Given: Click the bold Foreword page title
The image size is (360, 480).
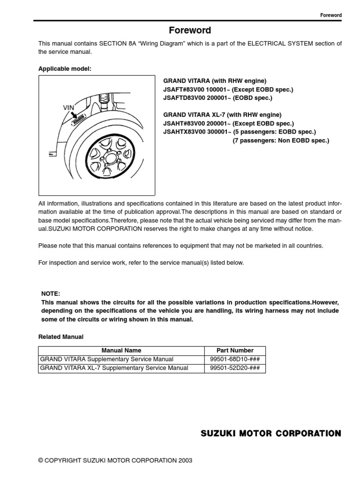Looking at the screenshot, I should [190, 30].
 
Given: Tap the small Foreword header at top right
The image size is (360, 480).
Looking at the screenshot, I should [330, 15].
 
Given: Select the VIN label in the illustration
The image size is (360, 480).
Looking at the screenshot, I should [69, 107].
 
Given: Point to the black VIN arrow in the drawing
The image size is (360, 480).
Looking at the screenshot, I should [78, 115].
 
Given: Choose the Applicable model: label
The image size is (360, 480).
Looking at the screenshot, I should [65, 69].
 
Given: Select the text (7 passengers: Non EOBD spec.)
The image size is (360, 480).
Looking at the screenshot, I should [281, 141].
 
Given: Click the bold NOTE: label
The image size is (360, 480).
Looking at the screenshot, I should [51, 293].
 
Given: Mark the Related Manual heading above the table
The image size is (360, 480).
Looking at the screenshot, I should [60, 337].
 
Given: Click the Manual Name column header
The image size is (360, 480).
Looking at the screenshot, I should [121, 350].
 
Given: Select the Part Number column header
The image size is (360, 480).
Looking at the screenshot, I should [235, 350].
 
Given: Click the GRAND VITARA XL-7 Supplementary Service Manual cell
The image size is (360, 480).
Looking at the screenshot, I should [114, 368].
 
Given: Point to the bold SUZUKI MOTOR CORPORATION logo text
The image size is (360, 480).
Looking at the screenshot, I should [271, 434].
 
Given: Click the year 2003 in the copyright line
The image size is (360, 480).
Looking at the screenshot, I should [185, 461].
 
